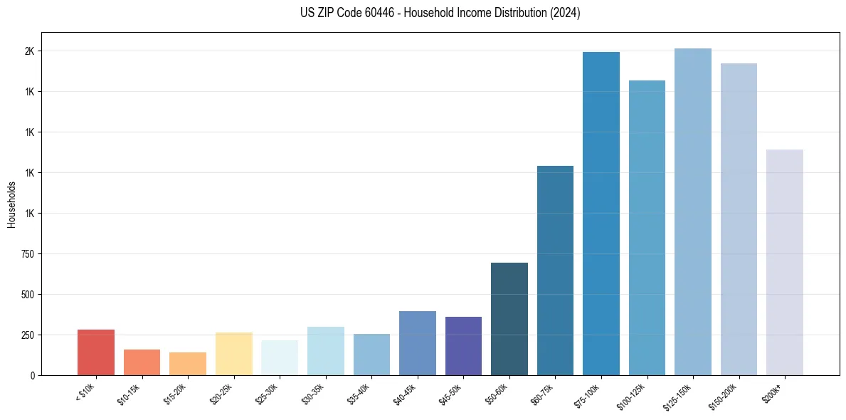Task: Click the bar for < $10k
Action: click(x=96, y=352)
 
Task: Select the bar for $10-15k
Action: click(x=142, y=362)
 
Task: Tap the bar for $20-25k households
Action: click(x=233, y=354)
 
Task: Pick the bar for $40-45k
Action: click(x=418, y=343)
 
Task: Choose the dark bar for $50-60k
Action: click(x=509, y=319)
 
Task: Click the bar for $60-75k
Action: click(x=555, y=271)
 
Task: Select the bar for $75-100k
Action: click(x=601, y=214)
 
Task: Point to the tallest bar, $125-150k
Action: click(x=693, y=211)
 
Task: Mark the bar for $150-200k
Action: click(x=739, y=219)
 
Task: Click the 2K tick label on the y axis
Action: click(x=31, y=51)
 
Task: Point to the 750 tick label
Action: click(x=28, y=254)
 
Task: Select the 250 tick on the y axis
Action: click(x=28, y=335)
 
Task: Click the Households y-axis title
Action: click(x=12, y=204)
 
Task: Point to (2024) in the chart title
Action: click(x=565, y=14)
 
